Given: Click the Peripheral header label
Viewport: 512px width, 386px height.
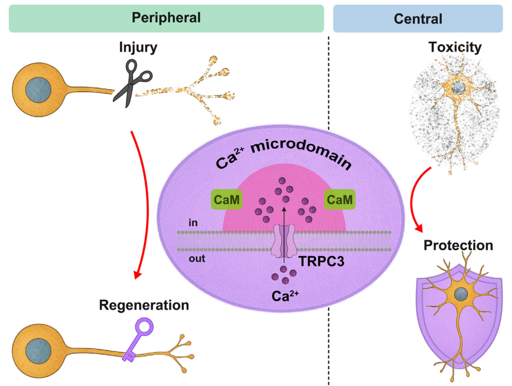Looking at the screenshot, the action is [166, 18].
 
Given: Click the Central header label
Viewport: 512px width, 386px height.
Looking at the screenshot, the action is [418, 19].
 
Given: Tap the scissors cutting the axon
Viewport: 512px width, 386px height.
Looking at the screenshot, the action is [131, 83].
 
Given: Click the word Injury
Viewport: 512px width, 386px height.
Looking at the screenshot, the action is [138, 47].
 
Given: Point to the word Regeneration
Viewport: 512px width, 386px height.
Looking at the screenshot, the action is [144, 305].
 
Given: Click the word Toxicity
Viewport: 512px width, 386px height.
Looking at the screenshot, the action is [455, 47].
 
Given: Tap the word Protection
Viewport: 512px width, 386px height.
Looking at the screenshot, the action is [458, 245].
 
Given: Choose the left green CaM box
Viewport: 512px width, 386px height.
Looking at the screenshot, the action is [227, 200].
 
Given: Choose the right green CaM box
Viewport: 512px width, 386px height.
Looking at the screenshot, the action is [340, 200].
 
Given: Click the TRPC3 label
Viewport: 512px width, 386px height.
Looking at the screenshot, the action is [321, 262].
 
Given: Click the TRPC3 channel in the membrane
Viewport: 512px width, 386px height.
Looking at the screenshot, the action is [284, 241].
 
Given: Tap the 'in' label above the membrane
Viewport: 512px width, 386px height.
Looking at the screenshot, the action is [193, 222].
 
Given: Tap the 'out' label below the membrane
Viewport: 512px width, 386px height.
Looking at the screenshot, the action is [197, 259].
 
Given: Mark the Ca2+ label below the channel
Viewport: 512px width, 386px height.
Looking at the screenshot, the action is [285, 296].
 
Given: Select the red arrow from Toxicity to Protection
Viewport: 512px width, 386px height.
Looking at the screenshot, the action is [412, 199].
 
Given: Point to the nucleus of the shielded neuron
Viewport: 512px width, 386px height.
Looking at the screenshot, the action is [461, 294].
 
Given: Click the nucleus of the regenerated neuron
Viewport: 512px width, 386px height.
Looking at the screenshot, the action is [38, 351].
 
